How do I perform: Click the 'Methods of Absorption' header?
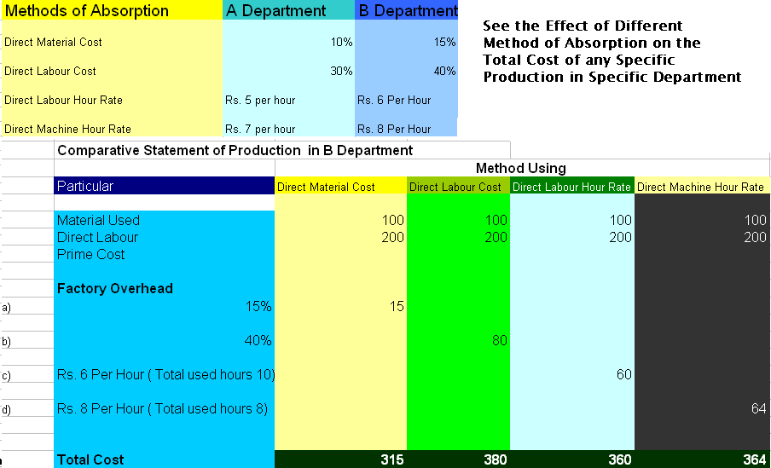(x=87, y=11)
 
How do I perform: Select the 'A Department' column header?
(x=275, y=11)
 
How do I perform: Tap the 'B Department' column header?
(x=407, y=11)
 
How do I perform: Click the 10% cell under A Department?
(x=341, y=42)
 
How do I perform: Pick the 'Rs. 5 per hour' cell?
(x=260, y=100)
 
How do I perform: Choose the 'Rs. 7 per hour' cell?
(x=260, y=129)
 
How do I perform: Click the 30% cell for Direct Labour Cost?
(x=341, y=71)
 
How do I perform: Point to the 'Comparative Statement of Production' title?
(x=235, y=150)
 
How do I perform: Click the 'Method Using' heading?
(x=520, y=168)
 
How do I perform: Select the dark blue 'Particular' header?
(x=85, y=186)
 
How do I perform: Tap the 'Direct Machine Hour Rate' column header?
(x=700, y=187)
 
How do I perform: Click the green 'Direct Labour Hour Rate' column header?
(x=572, y=187)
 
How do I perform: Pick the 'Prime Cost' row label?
(x=90, y=254)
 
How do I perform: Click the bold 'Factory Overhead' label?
(x=114, y=288)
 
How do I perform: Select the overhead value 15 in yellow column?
(x=397, y=306)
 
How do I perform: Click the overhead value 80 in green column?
(x=499, y=340)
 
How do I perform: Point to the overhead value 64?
(x=758, y=408)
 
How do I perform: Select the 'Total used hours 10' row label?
(x=165, y=374)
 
